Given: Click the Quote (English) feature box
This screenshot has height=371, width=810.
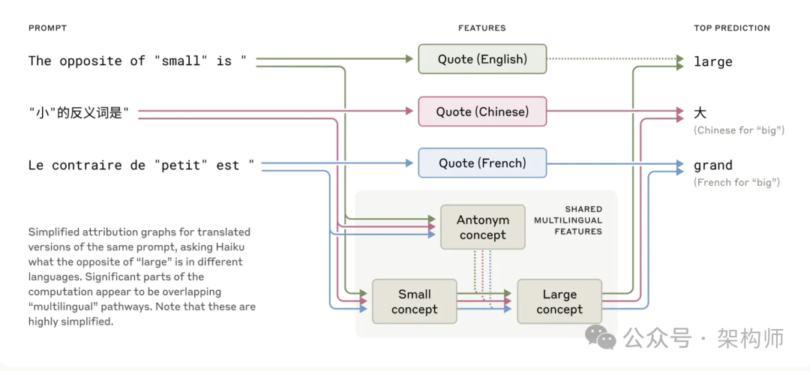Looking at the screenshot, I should click(x=482, y=59).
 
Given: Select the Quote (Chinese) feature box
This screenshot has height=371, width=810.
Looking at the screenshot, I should click(x=482, y=112).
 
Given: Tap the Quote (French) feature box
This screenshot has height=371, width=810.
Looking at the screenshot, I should click(x=482, y=163).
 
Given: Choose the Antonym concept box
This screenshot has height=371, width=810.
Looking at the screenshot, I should click(x=482, y=227).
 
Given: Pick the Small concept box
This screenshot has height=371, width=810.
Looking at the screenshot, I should click(x=414, y=301).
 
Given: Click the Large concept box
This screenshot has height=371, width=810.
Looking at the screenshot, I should click(x=559, y=301).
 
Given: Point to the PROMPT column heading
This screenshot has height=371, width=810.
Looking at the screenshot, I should click(x=47, y=28).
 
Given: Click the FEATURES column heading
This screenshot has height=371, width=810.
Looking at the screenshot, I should click(x=481, y=28).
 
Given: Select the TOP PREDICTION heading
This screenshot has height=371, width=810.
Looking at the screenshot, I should click(x=731, y=28).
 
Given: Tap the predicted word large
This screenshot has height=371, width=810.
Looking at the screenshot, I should click(x=712, y=61).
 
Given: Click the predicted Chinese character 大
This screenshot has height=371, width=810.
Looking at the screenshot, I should click(x=700, y=112).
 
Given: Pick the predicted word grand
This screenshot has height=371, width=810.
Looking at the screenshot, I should click(x=712, y=165).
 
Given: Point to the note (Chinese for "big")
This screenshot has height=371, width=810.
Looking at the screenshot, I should click(x=739, y=130).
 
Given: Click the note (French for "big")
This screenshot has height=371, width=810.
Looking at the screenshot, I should click(x=736, y=182).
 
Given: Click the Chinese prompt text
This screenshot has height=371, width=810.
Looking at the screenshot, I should click(x=79, y=112).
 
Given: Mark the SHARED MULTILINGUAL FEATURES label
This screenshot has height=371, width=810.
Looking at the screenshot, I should click(x=568, y=220).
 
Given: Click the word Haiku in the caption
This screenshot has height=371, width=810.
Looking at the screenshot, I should click(x=232, y=247).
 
